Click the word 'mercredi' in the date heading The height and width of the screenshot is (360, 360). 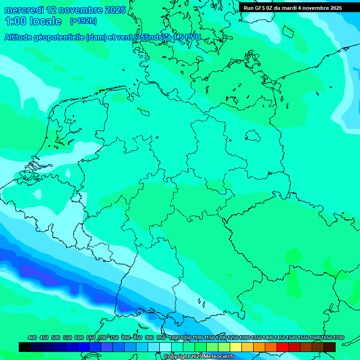pyautogui.click(x=23, y=10)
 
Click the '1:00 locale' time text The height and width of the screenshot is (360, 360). pyautogui.click(x=33, y=21)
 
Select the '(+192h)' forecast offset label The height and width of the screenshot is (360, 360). pyautogui.click(x=83, y=21)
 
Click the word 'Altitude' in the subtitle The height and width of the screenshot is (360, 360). pyautogui.click(x=21, y=37)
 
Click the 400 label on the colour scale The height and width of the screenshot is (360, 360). pyautogui.click(x=32, y=337)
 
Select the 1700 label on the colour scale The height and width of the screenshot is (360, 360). pyautogui.click(x=338, y=337)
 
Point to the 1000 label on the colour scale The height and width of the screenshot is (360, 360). pyautogui.click(x=174, y=337)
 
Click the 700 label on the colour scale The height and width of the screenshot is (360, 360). pyautogui.click(x=103, y=337)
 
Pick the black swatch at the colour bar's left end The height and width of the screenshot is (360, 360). pyautogui.click(x=25, y=347)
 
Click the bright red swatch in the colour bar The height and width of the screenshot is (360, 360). pyautogui.click(x=283, y=347)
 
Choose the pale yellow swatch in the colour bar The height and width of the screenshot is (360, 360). pyautogui.click(x=236, y=347)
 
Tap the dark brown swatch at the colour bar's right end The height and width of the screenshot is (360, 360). pyautogui.click(x=330, y=347)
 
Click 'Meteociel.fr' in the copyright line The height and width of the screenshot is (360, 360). pyautogui.click(x=219, y=357)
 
